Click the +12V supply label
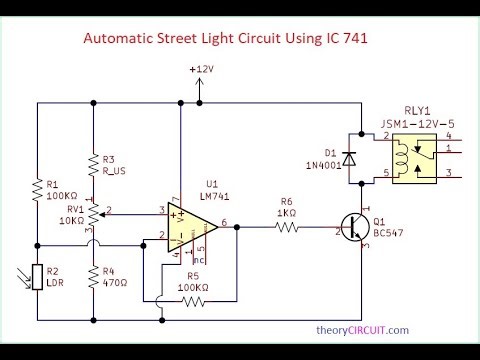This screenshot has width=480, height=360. coord(202,69)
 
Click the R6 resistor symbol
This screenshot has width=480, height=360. coord(287,227)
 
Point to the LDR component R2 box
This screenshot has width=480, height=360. coord(36,275)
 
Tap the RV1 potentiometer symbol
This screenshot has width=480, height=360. coord(92,213)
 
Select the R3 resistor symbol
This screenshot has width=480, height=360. coord(92,164)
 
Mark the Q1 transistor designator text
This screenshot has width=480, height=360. coord(378,222)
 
